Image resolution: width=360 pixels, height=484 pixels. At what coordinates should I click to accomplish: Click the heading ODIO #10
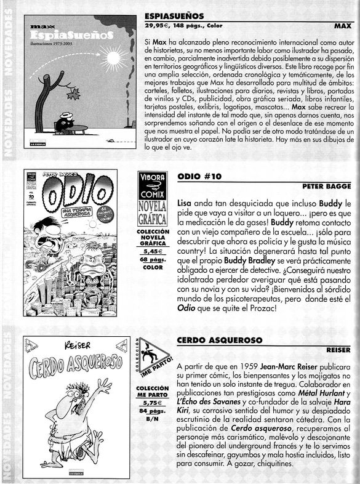(x=199, y=175)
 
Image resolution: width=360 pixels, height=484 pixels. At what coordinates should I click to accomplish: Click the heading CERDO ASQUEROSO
(x=220, y=340)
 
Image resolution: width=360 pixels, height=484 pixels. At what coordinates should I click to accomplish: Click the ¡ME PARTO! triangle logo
(x=152, y=357)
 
